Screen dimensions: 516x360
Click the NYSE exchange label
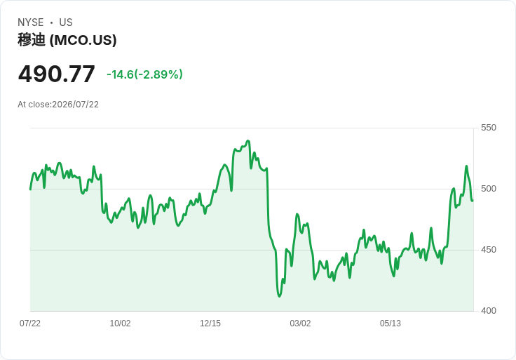31,22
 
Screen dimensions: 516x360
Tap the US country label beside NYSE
66,22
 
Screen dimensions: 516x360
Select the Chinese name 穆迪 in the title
32,40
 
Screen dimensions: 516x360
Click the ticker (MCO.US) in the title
83,40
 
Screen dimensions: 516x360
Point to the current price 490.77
56,74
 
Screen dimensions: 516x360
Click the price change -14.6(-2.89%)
144,74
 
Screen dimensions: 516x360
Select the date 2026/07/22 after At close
75,105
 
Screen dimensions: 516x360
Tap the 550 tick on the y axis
489,128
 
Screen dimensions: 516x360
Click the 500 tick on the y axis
489,189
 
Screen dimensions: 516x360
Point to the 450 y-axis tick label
489,250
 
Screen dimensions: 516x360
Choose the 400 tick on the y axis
489,311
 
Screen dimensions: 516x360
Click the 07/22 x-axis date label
30,324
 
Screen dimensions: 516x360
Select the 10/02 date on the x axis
120,324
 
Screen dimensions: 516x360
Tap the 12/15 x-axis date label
210,324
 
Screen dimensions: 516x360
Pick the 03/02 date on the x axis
300,324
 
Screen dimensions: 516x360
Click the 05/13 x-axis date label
391,324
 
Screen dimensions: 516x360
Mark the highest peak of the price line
248,141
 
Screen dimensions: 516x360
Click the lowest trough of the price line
280,296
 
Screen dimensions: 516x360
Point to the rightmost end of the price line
473,201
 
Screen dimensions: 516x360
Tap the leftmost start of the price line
30,189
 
